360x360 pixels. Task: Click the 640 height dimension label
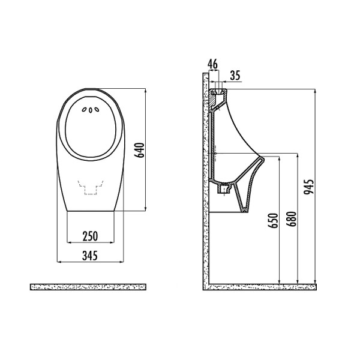click(x=140, y=150)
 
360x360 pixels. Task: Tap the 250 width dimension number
click(x=90, y=236)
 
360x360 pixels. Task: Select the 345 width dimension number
click(x=90, y=256)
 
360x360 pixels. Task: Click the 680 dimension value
click(x=292, y=219)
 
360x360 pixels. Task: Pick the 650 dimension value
click(x=273, y=221)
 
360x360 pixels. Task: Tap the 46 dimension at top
click(x=212, y=64)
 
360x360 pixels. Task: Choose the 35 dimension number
click(x=235, y=76)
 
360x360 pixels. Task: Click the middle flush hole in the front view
click(x=91, y=110)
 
